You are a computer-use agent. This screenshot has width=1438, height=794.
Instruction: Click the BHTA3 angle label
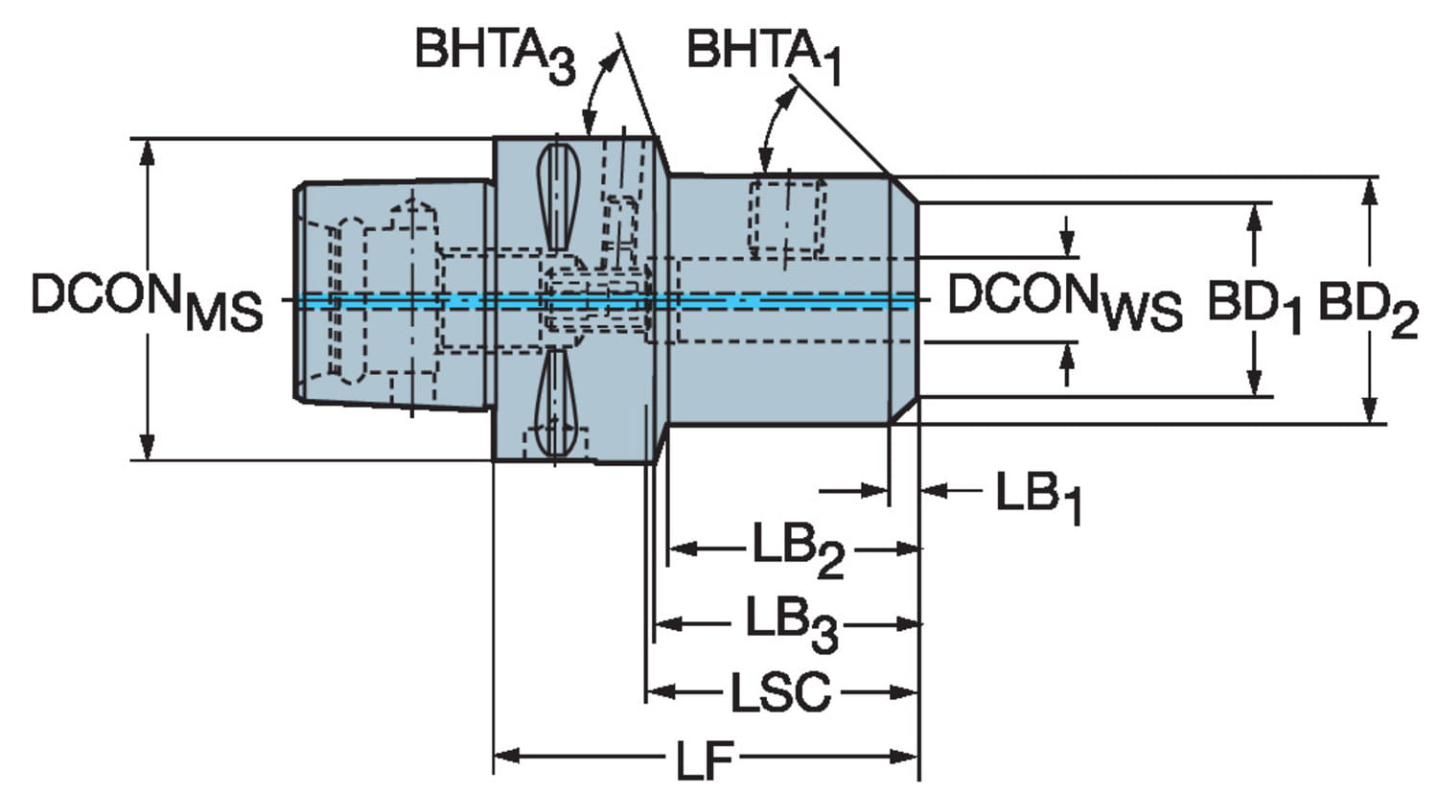(x=496, y=56)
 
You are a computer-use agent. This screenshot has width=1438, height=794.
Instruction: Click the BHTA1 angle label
(x=764, y=56)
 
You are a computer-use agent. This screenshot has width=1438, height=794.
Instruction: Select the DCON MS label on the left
(x=147, y=301)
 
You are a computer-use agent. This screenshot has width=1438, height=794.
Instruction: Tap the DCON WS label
(x=1065, y=301)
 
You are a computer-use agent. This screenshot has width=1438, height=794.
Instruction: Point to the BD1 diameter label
(x=1254, y=305)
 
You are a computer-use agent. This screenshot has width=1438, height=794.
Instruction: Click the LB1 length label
(x=1038, y=498)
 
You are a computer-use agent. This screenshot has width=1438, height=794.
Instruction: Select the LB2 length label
(x=798, y=551)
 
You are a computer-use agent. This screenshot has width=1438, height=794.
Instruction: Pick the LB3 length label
(x=792, y=624)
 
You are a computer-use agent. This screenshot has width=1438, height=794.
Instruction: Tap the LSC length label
(x=780, y=692)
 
